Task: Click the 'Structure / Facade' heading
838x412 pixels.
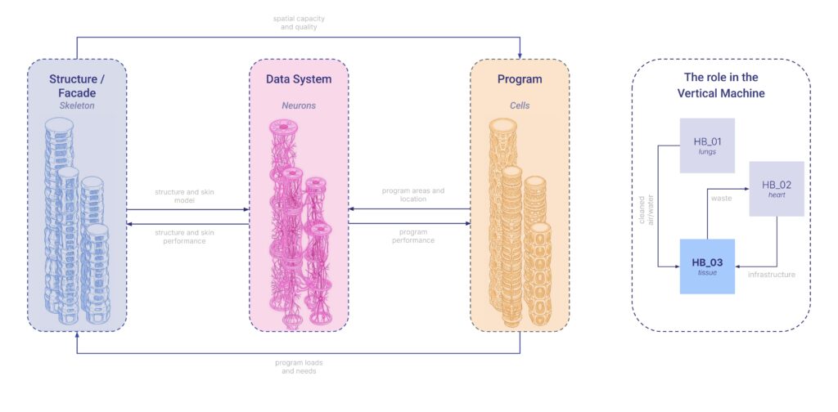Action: [x=77, y=86]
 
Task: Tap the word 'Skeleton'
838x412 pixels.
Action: [x=77, y=105]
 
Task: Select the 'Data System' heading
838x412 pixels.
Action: [x=299, y=79]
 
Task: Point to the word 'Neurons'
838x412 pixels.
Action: [x=299, y=105]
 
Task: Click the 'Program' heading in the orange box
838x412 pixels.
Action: [x=520, y=79]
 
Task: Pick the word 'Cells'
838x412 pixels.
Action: [x=520, y=105]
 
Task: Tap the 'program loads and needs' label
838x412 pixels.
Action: [x=299, y=366]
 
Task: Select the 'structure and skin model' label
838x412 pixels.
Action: [x=187, y=195]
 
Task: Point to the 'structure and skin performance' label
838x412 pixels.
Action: [x=187, y=235]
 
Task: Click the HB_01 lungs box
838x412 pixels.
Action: [x=707, y=146]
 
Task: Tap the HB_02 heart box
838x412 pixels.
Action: [x=776, y=188]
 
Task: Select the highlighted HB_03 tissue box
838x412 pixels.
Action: [x=707, y=266]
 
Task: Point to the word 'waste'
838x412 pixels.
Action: [x=722, y=197]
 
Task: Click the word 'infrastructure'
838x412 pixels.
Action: [x=771, y=275]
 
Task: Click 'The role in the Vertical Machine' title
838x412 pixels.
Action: [x=721, y=85]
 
